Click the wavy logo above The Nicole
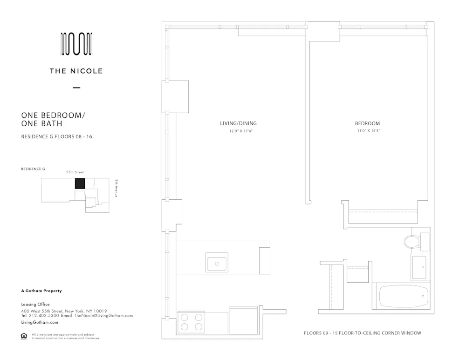[x=76, y=45]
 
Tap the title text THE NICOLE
[x=76, y=71]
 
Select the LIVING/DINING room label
[x=238, y=123]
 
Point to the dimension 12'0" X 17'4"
[x=238, y=131]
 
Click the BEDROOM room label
[x=367, y=123]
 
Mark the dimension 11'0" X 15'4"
[x=367, y=131]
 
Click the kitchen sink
[x=217, y=263]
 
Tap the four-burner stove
[x=192, y=321]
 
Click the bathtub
[x=404, y=296]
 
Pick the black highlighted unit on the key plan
[x=80, y=183]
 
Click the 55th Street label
[x=75, y=172]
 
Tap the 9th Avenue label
[x=116, y=188]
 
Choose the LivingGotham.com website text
[x=40, y=322]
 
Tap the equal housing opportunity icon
[x=24, y=336]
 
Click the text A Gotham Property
[x=41, y=291]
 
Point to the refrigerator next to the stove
[x=243, y=320]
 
